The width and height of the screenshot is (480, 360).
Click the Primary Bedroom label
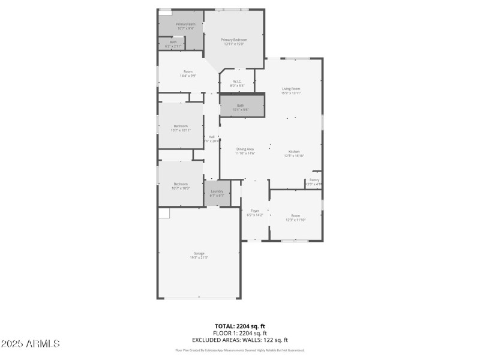pos(234,40)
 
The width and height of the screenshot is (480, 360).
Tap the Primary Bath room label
pos(185,24)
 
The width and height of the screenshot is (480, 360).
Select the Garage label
pos(199,253)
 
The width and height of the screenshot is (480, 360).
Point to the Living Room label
pos(291,89)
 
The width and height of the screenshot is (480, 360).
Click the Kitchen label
pos(294,151)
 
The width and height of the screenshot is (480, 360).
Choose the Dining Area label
pos(245,149)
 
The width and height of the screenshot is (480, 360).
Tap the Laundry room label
pos(217,191)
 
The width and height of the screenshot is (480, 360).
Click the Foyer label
pos(255,211)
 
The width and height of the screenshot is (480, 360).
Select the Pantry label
pos(314,179)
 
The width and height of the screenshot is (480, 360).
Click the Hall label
pos(212,137)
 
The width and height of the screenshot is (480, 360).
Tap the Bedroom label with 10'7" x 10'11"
pos(181,126)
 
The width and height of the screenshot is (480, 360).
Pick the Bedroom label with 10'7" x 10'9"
pos(181,184)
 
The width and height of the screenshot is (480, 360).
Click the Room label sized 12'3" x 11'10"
pos(295,216)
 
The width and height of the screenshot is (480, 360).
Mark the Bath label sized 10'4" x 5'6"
pos(240,105)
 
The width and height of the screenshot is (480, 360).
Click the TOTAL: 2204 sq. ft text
pos(240,326)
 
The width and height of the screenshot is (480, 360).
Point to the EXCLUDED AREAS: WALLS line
pos(240,340)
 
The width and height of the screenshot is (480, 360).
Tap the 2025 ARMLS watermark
pos(30,344)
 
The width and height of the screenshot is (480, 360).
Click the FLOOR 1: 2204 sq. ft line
pos(240,332)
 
